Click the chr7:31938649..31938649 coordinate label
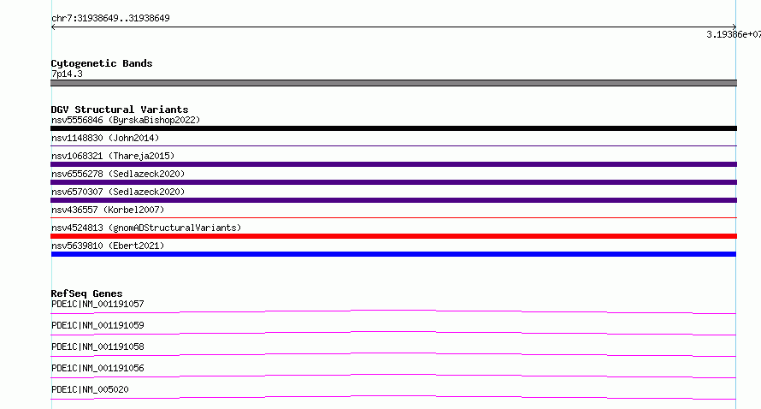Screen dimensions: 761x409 click(x=110, y=19)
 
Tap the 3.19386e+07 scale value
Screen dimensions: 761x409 click(x=734, y=34)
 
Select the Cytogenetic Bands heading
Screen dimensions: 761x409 click(x=102, y=63)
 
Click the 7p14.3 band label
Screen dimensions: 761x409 click(x=67, y=74)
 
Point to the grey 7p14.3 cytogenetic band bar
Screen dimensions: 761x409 click(x=393, y=83)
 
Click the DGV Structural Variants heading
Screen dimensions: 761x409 click(x=120, y=110)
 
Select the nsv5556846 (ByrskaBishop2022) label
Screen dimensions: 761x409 click(x=126, y=120)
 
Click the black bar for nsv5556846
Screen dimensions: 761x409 click(x=393, y=128)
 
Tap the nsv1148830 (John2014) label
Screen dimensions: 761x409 click(x=105, y=138)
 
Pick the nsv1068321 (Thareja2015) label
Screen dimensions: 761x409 click(x=113, y=156)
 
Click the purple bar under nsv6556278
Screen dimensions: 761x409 click(x=393, y=182)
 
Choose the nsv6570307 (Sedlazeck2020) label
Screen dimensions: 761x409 click(x=118, y=192)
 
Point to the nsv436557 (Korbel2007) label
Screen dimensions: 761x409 click(x=108, y=210)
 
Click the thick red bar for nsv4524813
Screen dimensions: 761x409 click(x=393, y=236)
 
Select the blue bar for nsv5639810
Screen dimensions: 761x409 click(x=393, y=254)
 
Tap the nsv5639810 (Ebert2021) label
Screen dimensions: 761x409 click(x=108, y=246)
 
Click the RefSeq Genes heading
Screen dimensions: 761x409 click(x=87, y=293)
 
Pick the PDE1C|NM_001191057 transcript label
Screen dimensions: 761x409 click(x=97, y=304)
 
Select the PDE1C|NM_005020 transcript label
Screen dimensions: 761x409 click(x=90, y=389)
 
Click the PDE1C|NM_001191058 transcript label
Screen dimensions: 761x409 click(x=97, y=347)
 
